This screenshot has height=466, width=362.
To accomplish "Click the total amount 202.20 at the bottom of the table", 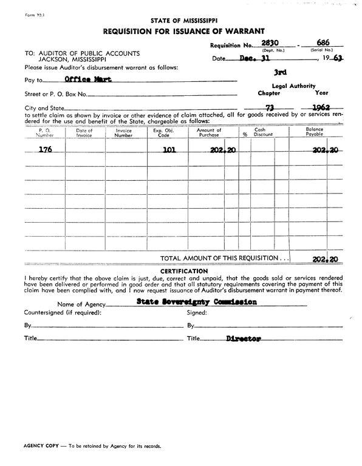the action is [325, 258].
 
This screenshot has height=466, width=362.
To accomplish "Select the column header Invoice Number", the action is [124, 133].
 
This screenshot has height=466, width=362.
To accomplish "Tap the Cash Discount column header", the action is [259, 133].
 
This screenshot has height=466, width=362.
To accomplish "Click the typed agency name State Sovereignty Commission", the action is [196, 302].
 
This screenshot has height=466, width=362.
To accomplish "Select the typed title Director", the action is [243, 339].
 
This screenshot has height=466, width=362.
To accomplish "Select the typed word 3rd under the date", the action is [281, 72].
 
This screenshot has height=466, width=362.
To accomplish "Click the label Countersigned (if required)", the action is [63, 312].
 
